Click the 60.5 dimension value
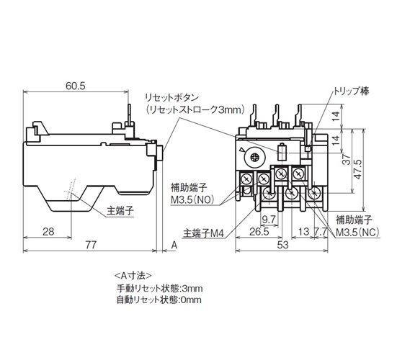(76, 86)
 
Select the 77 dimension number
(90, 245)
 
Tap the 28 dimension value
(48, 231)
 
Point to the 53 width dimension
(282, 245)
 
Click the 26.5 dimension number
(259, 232)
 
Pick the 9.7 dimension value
(269, 220)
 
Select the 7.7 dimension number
(321, 232)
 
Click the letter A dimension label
(174, 245)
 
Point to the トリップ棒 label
(351, 91)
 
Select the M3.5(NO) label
(192, 200)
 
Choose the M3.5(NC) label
(357, 232)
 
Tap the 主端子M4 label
(204, 233)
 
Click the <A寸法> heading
(133, 275)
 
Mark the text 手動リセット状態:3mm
(159, 288)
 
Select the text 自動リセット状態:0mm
(159, 300)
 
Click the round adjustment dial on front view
(254, 158)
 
